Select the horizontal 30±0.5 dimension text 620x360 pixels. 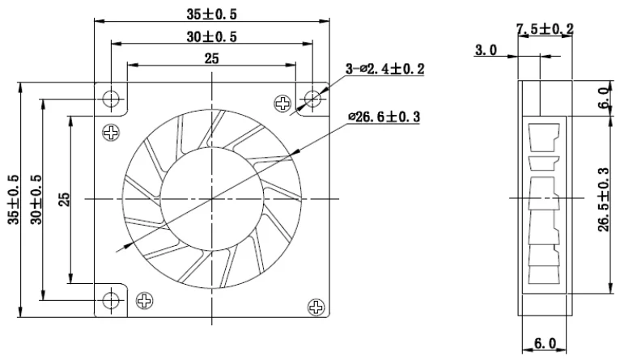pyautogui.click(x=212, y=36)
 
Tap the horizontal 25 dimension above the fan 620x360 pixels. pyautogui.click(x=212, y=59)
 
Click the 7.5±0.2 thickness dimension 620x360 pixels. pyautogui.click(x=545, y=29)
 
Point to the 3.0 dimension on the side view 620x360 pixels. pyautogui.click(x=486, y=50)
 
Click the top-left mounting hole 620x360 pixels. pyautogui.click(x=112, y=98)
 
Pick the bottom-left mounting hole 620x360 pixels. pyautogui.click(x=112, y=301)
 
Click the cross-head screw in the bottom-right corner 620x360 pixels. pyautogui.click(x=315, y=307)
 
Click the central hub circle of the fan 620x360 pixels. pyautogui.click(x=212, y=198)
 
